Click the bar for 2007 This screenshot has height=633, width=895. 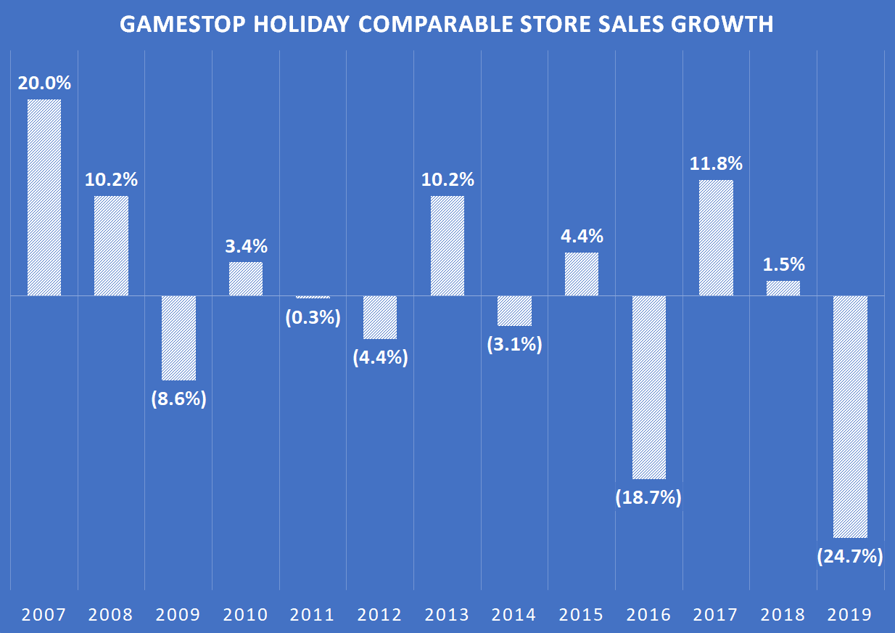click(44, 197)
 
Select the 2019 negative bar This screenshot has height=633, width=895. click(850, 416)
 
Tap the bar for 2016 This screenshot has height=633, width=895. click(648, 387)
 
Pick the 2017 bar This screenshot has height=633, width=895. click(716, 237)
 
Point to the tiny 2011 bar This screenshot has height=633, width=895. click(313, 297)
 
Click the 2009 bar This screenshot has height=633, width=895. click(178, 338)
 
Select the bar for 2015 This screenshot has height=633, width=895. click(582, 274)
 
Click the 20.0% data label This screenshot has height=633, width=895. click(44, 83)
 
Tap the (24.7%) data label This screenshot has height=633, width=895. click(850, 557)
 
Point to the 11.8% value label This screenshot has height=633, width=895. click(716, 164)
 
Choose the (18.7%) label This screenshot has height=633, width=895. click(648, 498)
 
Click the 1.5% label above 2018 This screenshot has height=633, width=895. click(783, 265)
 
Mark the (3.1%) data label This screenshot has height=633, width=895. click(514, 345)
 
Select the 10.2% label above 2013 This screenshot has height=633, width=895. click(447, 180)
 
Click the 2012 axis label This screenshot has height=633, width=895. click(380, 615)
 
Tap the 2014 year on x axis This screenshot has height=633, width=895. click(514, 615)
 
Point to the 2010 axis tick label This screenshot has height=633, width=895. click(246, 615)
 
